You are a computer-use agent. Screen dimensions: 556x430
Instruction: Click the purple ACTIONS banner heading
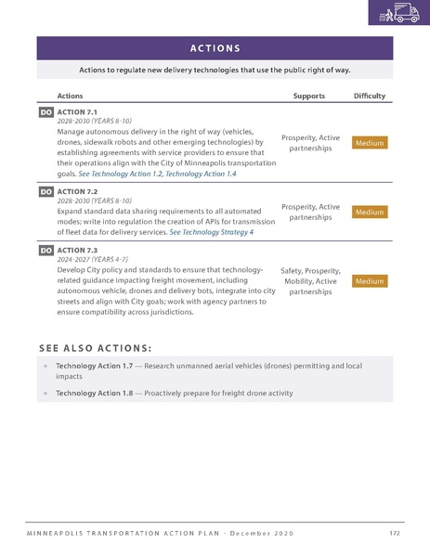tap(215, 48)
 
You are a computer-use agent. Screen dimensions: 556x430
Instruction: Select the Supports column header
tap(308, 96)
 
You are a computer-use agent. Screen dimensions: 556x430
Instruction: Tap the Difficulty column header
tap(370, 96)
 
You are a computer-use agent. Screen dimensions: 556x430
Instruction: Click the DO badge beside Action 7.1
tap(46, 111)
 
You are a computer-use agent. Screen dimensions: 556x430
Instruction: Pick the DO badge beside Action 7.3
tap(46, 250)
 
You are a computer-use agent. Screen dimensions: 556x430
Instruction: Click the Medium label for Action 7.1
tap(369, 143)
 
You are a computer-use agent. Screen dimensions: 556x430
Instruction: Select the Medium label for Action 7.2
tap(369, 213)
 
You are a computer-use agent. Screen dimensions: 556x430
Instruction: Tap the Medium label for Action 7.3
tap(369, 280)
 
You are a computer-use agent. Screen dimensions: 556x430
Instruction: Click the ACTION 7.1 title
tap(78, 111)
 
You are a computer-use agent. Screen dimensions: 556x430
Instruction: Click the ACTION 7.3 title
tap(78, 250)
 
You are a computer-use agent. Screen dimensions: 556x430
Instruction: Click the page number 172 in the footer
tap(395, 534)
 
